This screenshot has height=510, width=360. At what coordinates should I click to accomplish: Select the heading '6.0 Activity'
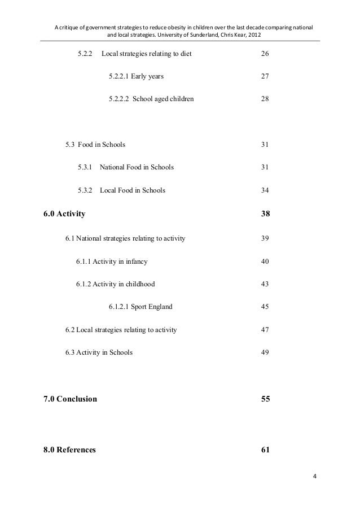point(64,214)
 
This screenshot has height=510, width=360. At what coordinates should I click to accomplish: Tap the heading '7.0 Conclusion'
point(70,399)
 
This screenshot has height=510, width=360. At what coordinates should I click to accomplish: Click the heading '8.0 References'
point(69,450)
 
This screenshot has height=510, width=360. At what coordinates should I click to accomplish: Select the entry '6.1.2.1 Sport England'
point(141,307)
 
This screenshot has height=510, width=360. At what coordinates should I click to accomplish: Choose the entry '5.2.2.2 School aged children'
point(151,99)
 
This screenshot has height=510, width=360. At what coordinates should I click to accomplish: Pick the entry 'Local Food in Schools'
point(133,190)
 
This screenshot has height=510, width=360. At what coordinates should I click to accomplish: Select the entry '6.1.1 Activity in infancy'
point(112,261)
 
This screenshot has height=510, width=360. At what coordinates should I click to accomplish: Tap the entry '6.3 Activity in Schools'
point(99,353)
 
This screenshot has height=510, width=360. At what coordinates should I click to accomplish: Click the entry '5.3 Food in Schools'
point(95,145)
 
